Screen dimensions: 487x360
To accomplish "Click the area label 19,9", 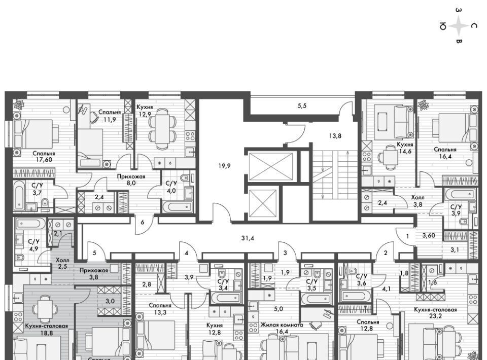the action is (224, 166).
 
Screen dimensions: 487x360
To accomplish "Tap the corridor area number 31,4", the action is (248, 238).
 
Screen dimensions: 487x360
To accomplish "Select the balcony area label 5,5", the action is (302, 105).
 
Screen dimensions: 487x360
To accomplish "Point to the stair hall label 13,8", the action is (335, 135).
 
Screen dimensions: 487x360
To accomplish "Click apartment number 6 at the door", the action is (142, 222).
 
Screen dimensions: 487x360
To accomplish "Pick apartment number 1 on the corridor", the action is (407, 236).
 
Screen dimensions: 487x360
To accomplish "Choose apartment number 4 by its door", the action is (186, 253).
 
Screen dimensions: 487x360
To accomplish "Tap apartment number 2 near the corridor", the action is (386, 253).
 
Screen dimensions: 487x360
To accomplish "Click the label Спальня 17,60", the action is (44, 157).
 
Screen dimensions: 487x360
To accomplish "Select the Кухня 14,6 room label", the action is (405, 148).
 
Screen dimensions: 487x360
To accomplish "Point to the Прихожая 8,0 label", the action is (131, 179).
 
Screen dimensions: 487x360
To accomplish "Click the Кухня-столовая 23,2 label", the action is (435, 313).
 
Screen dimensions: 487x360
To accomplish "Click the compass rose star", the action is (458, 26).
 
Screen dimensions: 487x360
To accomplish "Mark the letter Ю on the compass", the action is (443, 27).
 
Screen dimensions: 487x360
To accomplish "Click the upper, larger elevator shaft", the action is (271, 167).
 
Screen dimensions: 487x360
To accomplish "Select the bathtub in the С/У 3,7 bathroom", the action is (19, 196).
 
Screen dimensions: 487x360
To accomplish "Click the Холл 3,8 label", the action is (418, 201).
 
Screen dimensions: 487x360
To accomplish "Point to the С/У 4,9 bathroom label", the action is (33, 244).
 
